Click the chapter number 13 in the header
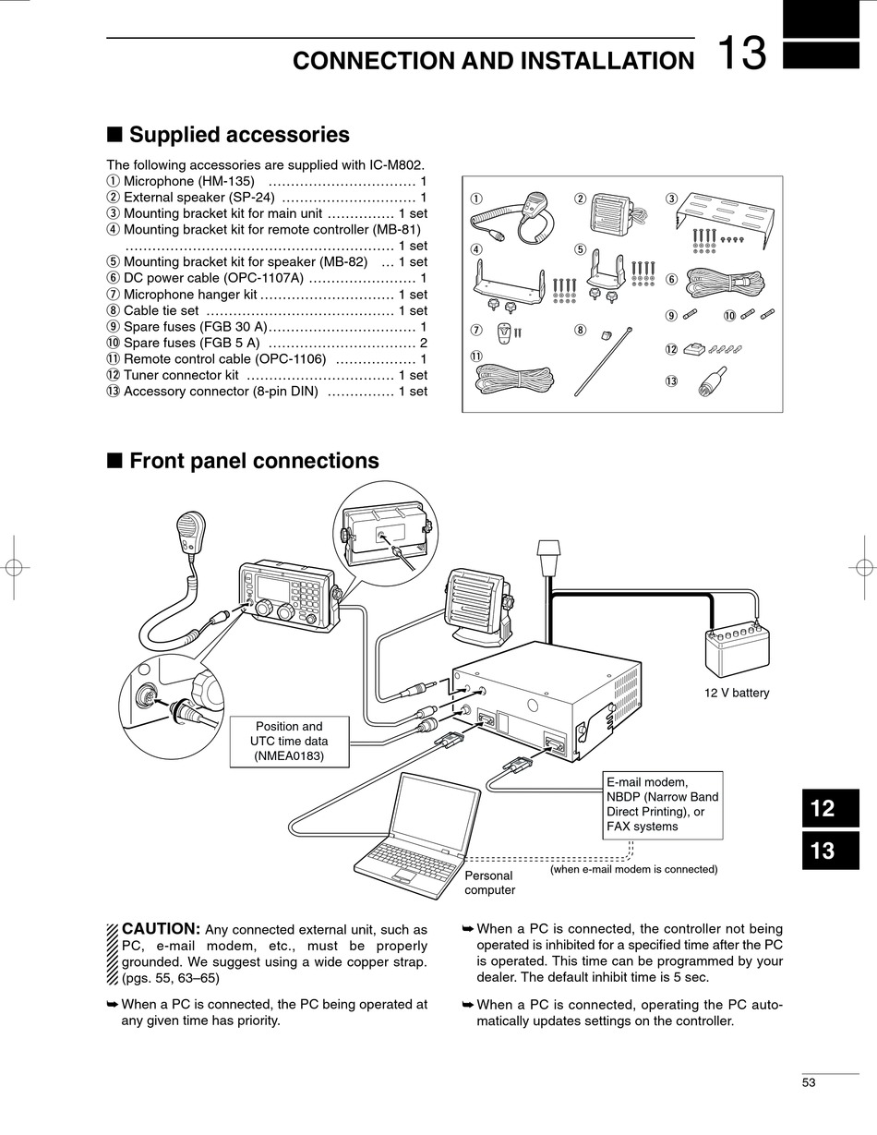741,54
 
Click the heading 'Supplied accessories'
239,135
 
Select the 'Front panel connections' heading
254,461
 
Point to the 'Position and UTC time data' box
289,741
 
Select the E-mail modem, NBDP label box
661,803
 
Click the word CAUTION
161,928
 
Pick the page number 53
809,1083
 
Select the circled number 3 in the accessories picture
671,199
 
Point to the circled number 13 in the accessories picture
671,380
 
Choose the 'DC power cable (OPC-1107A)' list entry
213,278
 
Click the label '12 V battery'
736,693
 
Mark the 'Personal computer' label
489,882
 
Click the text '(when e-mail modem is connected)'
633,869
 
